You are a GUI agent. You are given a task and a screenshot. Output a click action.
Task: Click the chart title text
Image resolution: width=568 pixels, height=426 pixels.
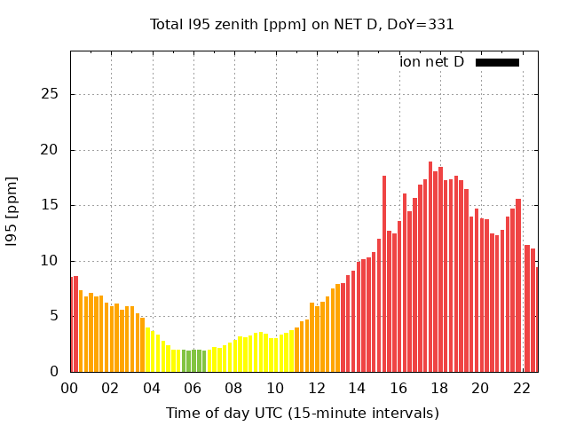(x=302, y=24)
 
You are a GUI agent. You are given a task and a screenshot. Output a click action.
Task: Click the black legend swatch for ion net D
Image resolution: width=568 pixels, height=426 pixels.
(x=497, y=62)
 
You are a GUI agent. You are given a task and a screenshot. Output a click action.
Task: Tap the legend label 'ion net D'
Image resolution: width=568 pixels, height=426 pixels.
(x=431, y=62)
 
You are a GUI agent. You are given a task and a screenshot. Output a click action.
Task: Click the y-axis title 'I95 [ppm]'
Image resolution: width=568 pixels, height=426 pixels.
(x=12, y=211)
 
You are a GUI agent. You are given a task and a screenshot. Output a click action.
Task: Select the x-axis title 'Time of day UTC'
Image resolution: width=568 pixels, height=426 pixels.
(x=302, y=413)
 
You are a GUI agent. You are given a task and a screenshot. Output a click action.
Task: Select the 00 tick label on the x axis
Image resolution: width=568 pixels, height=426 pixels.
(x=69, y=388)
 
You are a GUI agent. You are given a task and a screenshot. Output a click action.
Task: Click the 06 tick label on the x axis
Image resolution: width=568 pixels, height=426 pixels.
(x=193, y=388)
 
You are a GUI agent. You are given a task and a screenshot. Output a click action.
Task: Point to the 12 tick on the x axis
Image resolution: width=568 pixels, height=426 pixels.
(x=316, y=388)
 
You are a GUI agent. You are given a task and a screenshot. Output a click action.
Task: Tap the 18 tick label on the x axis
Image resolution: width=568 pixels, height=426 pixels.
(x=439, y=388)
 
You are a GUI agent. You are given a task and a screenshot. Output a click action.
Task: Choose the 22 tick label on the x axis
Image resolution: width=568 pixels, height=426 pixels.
(x=521, y=388)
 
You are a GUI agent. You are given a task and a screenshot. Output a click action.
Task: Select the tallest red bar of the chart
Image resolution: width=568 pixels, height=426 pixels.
(x=430, y=266)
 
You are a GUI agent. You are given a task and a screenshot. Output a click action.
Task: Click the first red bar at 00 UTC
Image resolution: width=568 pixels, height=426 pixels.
(x=72, y=324)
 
